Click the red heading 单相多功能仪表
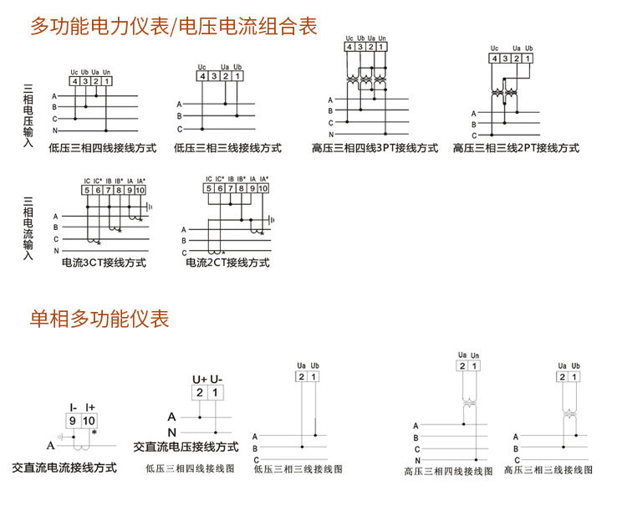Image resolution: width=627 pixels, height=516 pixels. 99,319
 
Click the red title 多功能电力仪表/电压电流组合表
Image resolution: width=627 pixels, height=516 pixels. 174,27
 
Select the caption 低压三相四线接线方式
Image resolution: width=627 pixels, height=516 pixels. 103,148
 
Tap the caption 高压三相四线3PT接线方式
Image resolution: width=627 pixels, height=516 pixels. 375,148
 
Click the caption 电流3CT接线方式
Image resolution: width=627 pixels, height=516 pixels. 104,263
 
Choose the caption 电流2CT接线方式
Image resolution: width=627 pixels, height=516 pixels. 227,263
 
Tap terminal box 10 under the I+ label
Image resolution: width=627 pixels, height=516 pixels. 89,421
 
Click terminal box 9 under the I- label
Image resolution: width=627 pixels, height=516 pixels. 74,421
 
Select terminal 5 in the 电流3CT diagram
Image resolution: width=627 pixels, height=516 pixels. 87,191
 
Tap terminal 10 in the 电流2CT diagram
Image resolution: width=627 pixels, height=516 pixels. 264,189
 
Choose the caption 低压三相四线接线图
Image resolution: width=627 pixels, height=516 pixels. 184,469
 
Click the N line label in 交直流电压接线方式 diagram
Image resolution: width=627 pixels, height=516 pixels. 172,432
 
